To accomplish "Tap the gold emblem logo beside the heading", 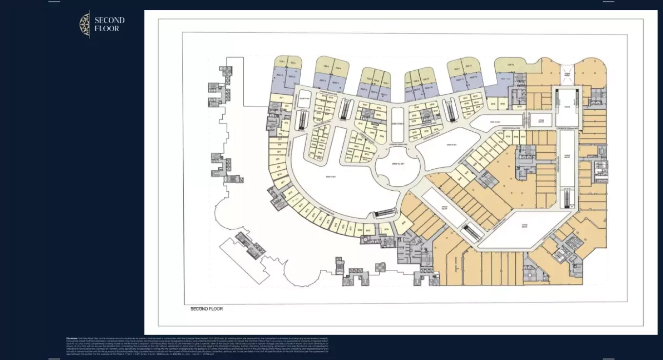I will click(x=85, y=24).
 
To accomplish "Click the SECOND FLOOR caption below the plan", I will click(x=206, y=309).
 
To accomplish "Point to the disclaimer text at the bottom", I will click(x=197, y=345).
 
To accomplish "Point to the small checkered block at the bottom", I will click(x=380, y=267).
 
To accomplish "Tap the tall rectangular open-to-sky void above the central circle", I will click(x=398, y=125).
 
